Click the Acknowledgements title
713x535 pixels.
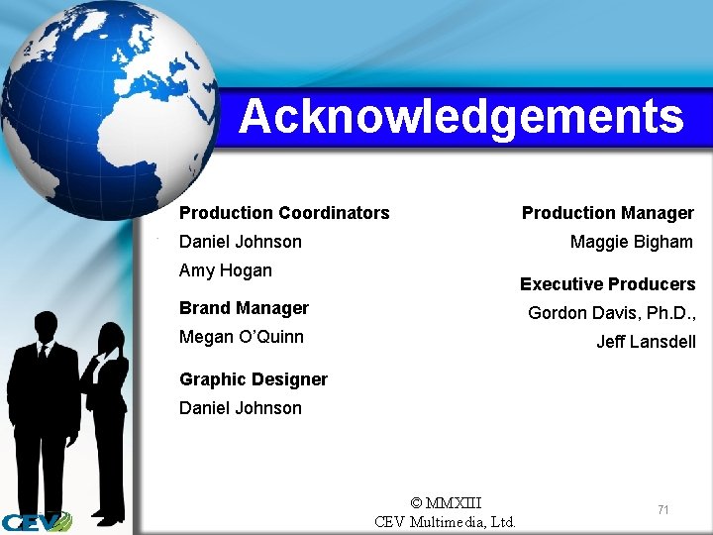[x=460, y=117]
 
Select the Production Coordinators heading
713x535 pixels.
[x=284, y=213]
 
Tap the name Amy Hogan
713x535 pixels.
[x=226, y=270]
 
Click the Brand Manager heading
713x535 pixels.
[x=244, y=308]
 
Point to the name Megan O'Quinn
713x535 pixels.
[x=242, y=337]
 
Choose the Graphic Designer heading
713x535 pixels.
[x=254, y=379]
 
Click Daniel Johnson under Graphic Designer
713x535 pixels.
[x=241, y=408]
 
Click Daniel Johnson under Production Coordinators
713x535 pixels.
[x=241, y=242]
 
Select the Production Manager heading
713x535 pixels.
[x=608, y=213]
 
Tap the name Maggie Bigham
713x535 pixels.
[x=632, y=242]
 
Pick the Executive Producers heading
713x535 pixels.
[x=608, y=284]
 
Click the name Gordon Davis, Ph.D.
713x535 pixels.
[x=612, y=313]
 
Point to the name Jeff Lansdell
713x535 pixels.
[x=646, y=342]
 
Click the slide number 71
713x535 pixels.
[x=663, y=509]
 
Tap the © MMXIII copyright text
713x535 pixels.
[x=446, y=503]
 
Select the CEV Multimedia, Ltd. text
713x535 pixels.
[x=446, y=522]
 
